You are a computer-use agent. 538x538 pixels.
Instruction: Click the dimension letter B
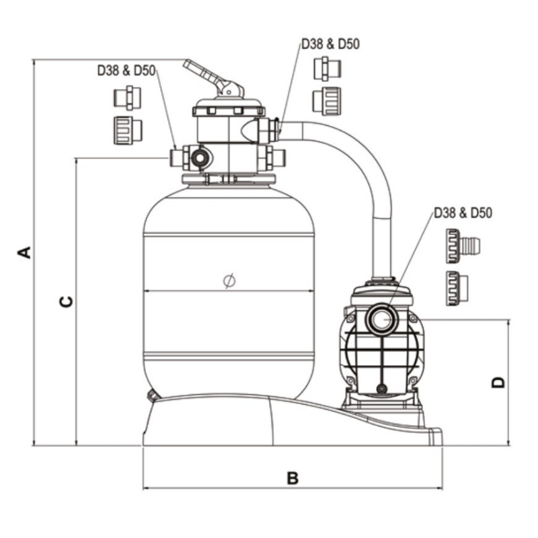(x=293, y=478)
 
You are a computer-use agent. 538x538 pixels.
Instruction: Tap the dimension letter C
(x=66, y=301)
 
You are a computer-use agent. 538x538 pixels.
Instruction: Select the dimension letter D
(x=498, y=382)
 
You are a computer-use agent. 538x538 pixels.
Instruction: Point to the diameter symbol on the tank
(x=229, y=280)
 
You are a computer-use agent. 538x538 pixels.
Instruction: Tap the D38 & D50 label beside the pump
(x=463, y=213)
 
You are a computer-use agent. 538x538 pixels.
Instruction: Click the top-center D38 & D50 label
(x=330, y=44)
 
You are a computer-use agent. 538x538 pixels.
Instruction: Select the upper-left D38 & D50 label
(x=126, y=71)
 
